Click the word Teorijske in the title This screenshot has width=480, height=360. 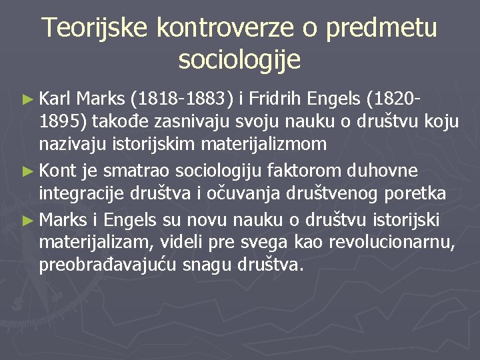[94, 27]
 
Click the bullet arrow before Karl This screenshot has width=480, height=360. [27, 101]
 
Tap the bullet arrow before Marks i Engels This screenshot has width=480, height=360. [27, 219]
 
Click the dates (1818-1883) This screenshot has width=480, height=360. [183, 100]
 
